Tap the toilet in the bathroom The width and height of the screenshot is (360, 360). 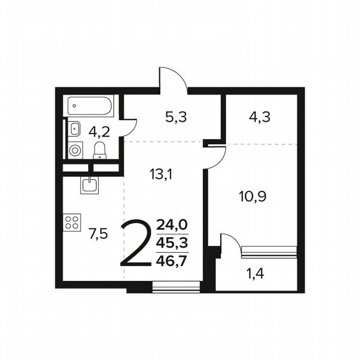click(100, 150)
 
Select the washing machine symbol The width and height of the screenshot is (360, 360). click(75, 150)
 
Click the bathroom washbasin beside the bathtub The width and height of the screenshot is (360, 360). click(74, 128)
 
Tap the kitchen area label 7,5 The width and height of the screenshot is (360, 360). click(98, 234)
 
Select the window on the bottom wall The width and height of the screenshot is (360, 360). click(176, 287)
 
